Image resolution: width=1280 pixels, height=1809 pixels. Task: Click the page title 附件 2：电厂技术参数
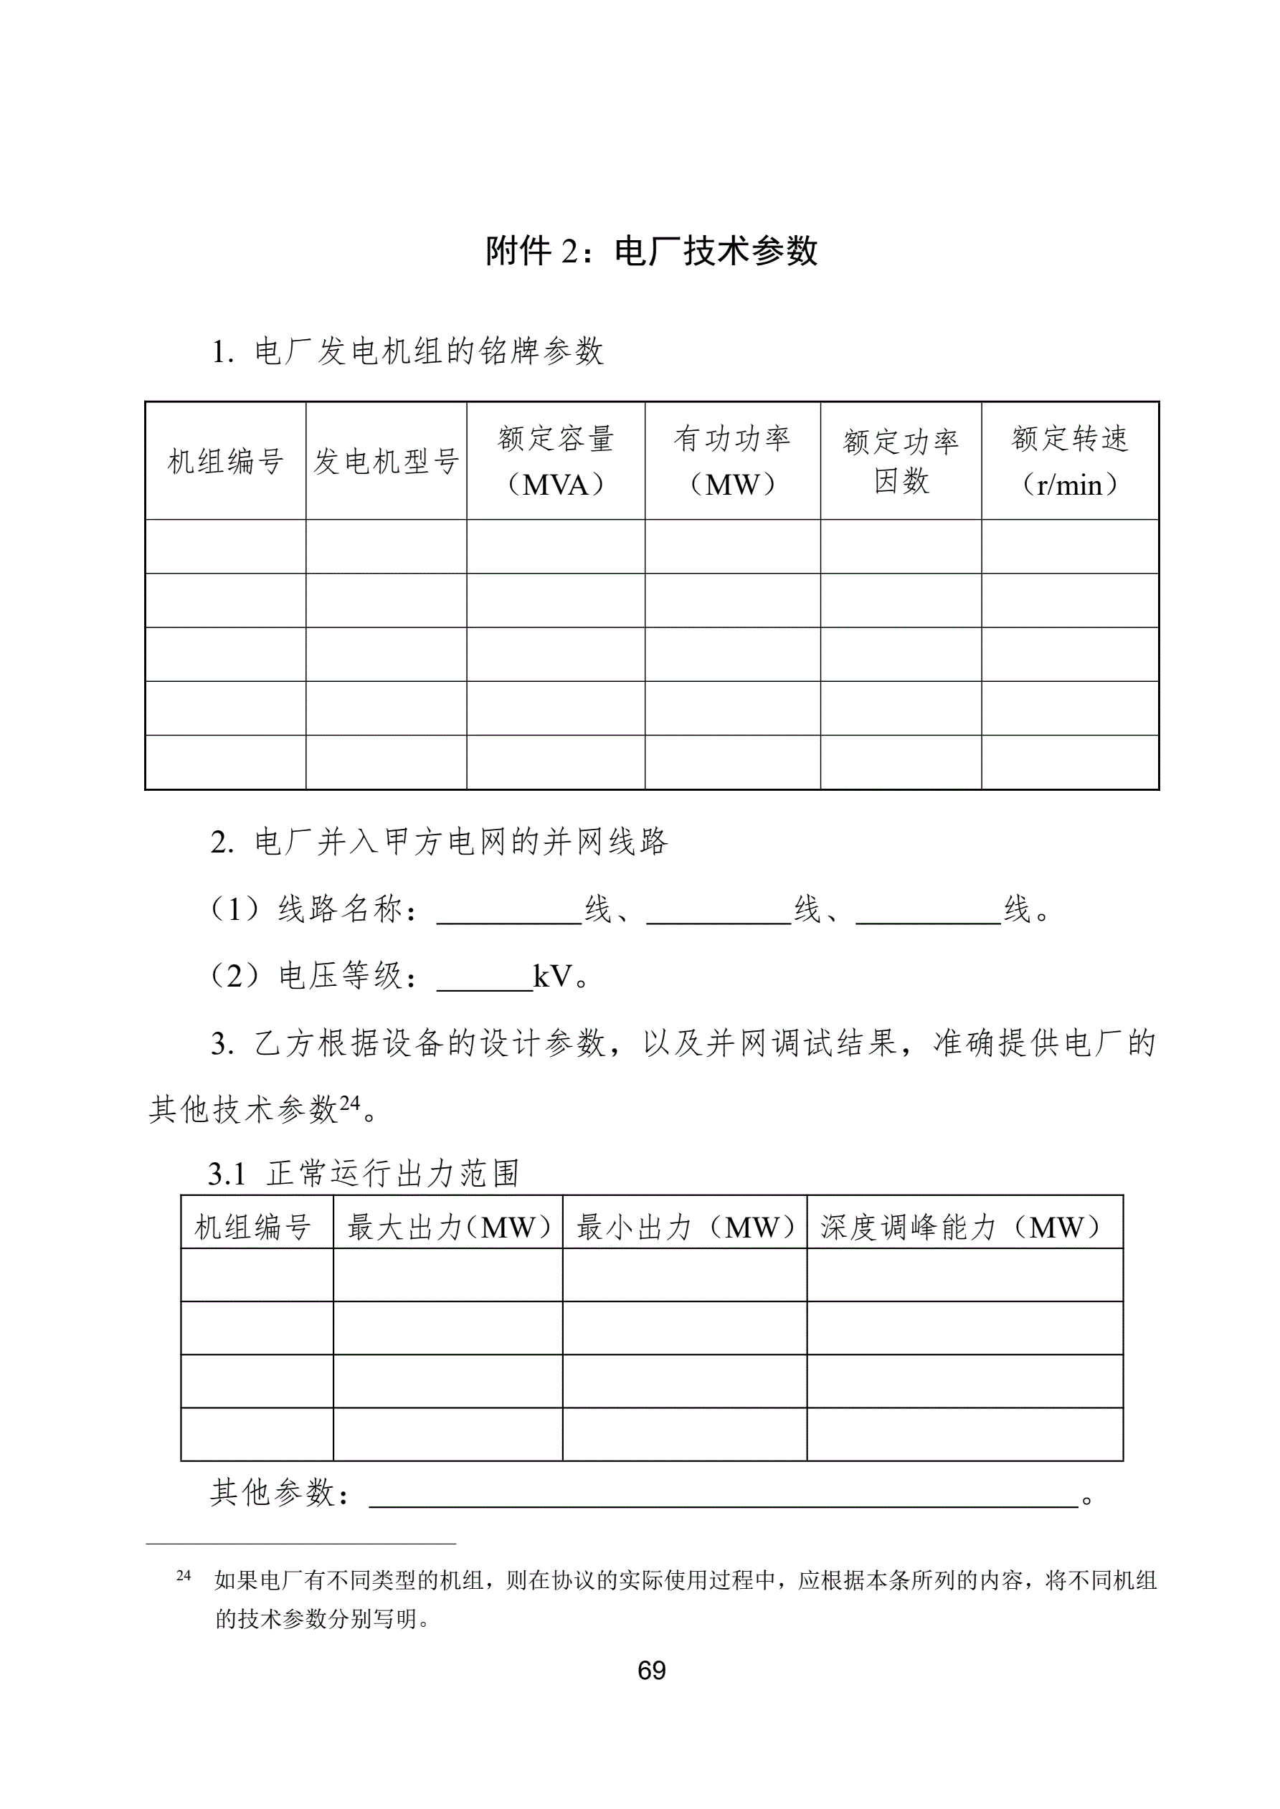click(651, 252)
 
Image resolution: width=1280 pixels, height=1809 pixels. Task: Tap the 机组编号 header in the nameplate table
click(225, 462)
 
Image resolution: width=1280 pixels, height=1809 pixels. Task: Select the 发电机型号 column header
click(387, 462)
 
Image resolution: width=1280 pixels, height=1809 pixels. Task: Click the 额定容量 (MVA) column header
click(556, 461)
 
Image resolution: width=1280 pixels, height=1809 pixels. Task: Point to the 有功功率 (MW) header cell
click(732, 461)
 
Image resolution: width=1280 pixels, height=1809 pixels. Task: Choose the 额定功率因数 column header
click(901, 461)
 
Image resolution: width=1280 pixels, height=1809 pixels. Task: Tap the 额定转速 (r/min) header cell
click(1070, 461)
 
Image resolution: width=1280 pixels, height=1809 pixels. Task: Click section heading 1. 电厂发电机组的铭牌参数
click(407, 351)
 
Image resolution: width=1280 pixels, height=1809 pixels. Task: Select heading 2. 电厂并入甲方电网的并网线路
click(439, 842)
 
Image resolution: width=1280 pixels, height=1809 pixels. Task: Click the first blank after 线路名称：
click(509, 916)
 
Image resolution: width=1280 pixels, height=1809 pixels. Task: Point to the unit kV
click(552, 977)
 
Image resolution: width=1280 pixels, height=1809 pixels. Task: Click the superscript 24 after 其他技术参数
click(349, 1102)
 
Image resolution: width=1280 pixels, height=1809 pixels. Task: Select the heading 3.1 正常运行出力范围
click(364, 1174)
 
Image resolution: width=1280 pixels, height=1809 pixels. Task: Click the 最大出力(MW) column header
click(447, 1228)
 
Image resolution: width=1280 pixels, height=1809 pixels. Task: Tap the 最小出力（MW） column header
click(684, 1228)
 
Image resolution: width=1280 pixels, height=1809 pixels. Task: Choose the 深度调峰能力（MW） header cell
click(964, 1228)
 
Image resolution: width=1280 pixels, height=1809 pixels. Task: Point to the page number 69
click(652, 1671)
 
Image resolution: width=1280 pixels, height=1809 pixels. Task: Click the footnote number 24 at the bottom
click(184, 1576)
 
